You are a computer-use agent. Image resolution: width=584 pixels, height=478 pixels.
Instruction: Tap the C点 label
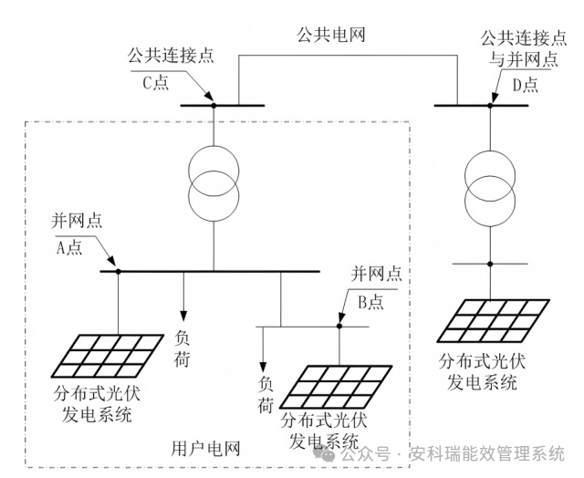click(x=156, y=82)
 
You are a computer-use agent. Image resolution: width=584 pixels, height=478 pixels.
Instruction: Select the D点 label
click(x=524, y=84)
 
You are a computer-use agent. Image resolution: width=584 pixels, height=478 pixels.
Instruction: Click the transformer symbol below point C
click(x=214, y=179)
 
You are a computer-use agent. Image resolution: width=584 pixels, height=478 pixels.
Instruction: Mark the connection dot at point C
click(x=214, y=106)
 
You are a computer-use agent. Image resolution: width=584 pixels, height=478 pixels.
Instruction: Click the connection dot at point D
click(x=489, y=106)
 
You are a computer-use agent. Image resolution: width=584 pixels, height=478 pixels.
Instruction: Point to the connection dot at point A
click(x=119, y=271)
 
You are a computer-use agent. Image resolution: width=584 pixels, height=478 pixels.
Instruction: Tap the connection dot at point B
click(x=339, y=326)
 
